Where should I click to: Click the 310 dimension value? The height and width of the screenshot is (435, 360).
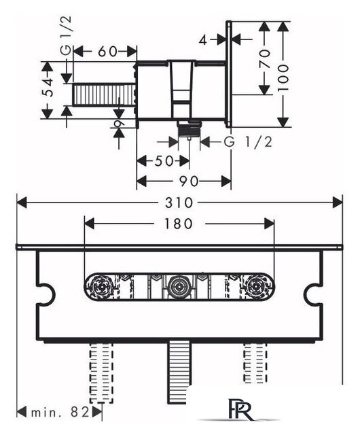click(x=179, y=203)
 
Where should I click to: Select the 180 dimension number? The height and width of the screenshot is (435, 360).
click(x=179, y=224)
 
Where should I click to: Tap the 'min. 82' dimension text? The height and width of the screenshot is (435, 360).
click(x=60, y=413)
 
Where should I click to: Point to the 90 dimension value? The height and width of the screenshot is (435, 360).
click(x=189, y=181)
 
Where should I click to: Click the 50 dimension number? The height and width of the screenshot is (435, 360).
click(x=164, y=161)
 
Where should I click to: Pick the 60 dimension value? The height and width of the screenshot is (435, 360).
click(x=107, y=52)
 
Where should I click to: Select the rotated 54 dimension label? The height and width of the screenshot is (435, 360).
click(x=49, y=88)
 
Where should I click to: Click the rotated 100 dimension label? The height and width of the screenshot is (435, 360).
click(x=283, y=77)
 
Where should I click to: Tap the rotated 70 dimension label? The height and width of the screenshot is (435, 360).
click(x=265, y=58)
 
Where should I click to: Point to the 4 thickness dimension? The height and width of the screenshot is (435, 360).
click(x=203, y=41)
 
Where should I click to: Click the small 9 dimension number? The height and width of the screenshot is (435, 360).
click(x=119, y=124)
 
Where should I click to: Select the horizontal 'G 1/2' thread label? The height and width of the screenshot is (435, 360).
click(x=248, y=142)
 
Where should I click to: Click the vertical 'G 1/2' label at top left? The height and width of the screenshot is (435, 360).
click(x=66, y=35)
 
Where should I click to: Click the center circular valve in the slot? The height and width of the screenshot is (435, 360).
click(x=179, y=287)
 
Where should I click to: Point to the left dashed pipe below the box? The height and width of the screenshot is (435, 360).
click(x=101, y=373)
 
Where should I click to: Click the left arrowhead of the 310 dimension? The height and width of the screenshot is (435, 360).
click(x=22, y=203)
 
